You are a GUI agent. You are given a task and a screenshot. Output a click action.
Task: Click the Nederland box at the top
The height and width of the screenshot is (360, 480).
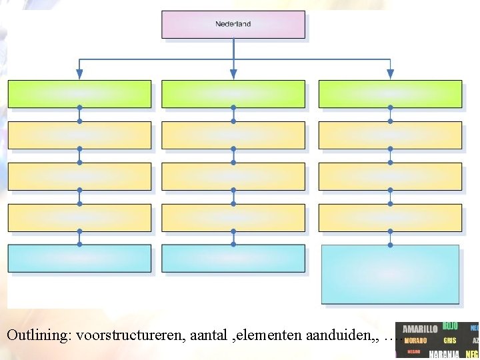233,24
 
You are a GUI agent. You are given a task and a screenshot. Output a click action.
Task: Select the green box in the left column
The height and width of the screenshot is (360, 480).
79,94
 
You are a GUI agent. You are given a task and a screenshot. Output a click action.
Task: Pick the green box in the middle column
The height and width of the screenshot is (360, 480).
233,94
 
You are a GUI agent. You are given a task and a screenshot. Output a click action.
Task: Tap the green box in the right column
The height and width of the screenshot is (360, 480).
390,94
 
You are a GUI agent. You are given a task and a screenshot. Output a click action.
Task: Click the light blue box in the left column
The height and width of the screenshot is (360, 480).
79,258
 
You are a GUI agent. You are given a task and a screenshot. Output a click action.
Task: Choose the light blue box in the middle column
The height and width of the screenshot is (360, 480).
233,258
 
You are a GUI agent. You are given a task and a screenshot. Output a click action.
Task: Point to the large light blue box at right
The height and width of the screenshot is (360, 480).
390,274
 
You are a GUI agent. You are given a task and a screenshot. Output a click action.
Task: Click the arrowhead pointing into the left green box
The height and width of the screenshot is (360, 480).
79,74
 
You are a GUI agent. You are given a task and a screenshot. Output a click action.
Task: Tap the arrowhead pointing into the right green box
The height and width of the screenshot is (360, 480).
390,74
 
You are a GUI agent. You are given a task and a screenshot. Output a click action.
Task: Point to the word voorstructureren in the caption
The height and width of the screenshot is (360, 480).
130,335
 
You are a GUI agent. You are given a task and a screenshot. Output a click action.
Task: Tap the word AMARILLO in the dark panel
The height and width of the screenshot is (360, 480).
420,329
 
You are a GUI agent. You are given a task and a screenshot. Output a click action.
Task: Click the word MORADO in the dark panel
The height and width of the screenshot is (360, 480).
415,341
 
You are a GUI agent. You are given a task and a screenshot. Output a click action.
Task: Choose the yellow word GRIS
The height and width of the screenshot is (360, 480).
450,341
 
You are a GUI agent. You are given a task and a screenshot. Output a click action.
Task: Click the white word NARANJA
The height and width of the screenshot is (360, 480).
444,355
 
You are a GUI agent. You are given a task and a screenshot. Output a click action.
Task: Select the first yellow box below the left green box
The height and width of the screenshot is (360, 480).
79,135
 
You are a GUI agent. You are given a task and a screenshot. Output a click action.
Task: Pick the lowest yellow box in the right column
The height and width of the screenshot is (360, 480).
390,217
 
